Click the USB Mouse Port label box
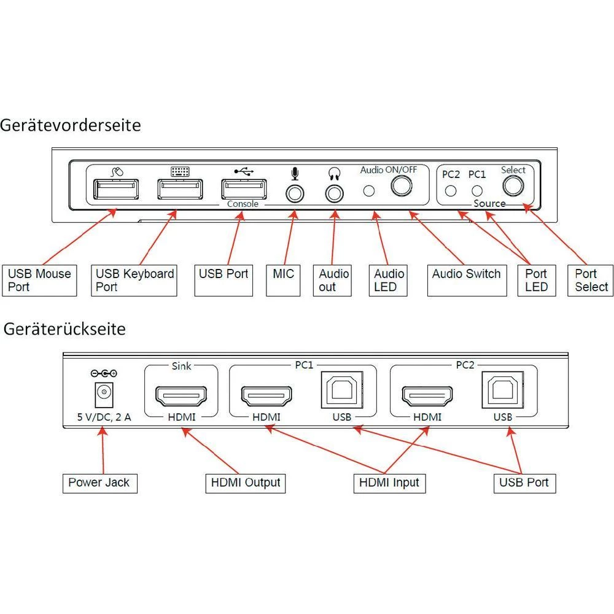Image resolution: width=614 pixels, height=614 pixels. click(x=39, y=281)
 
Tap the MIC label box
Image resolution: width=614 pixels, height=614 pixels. click(x=283, y=281)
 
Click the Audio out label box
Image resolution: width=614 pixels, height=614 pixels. click(x=333, y=281)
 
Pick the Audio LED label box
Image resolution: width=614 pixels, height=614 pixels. click(x=389, y=281)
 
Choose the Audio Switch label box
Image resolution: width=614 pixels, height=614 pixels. click(x=466, y=274)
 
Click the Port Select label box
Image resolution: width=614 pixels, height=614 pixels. click(x=591, y=281)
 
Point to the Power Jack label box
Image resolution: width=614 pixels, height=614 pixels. click(x=99, y=483)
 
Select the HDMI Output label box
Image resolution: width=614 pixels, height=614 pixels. click(x=246, y=483)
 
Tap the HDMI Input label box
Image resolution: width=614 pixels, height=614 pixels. click(x=389, y=483)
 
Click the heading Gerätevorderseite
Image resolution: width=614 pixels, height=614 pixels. click(x=71, y=125)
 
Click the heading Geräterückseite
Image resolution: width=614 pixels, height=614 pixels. click(x=64, y=329)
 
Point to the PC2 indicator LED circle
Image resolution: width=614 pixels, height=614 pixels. click(x=451, y=190)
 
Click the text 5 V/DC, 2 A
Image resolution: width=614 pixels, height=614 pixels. click(x=104, y=417)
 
